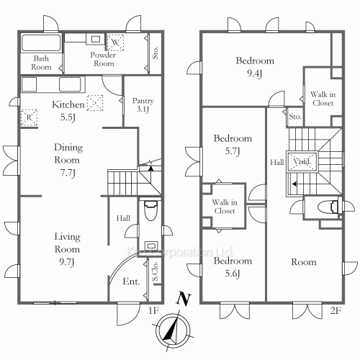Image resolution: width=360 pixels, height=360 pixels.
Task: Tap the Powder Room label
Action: click(x=102, y=59)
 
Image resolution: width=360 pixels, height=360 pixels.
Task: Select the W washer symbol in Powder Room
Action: click(x=114, y=40)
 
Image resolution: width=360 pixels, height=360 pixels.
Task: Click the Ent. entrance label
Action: click(x=132, y=282)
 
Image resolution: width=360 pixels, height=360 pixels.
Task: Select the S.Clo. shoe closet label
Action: click(x=155, y=273)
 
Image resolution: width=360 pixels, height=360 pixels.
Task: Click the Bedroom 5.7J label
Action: click(x=233, y=145)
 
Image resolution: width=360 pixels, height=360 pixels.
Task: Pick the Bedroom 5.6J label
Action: click(x=233, y=266)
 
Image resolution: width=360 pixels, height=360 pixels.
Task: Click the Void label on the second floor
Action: click(x=301, y=162)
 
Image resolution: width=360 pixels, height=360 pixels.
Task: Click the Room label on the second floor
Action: click(x=303, y=263)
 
